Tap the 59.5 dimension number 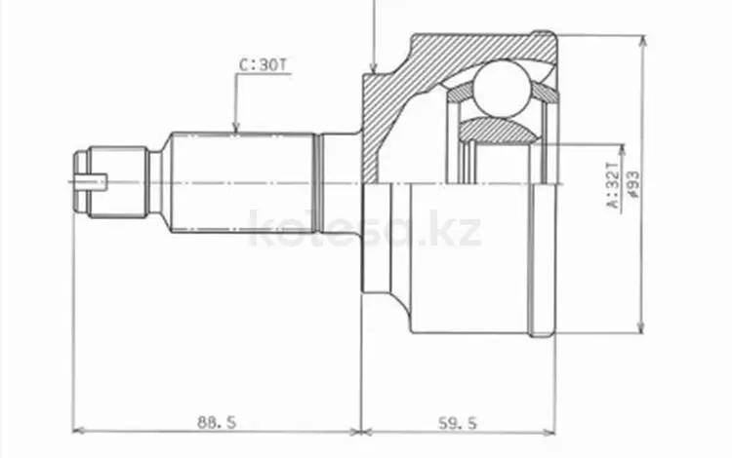pyautogui.click(x=456, y=422)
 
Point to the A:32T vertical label pyautogui.click(x=612, y=184)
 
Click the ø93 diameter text pyautogui.click(x=635, y=184)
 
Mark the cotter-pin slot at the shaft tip pyautogui.click(x=95, y=180)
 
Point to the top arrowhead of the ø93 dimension pyautogui.click(x=641, y=41)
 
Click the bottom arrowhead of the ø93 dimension pyautogui.click(x=641, y=327)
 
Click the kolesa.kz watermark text pyautogui.click(x=365, y=231)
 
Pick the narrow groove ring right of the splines pyautogui.click(x=317, y=181)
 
